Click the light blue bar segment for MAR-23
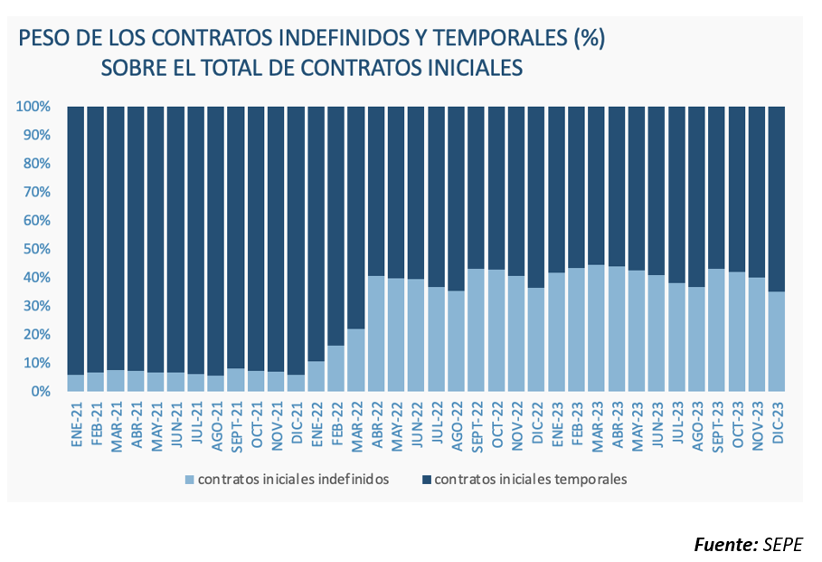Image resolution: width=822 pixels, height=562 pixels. [597, 328]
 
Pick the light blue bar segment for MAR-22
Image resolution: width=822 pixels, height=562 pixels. [356, 359]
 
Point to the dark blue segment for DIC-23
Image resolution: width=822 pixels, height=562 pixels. [777, 199]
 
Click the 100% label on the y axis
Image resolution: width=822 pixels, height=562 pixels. [33, 107]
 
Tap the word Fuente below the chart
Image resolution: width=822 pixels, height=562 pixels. [725, 543]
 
